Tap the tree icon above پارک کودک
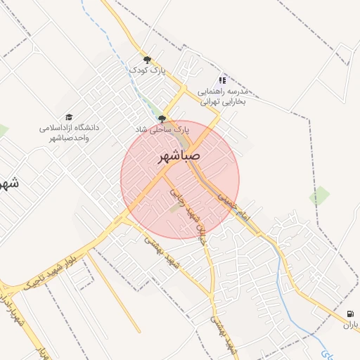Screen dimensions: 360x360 tap(147, 60)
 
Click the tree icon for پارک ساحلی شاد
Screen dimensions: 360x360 tap(162, 120)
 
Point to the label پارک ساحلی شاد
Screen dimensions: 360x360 tap(163, 130)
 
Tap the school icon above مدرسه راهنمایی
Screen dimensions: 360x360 tap(223, 81)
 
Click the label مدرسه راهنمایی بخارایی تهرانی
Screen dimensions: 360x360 tap(223, 96)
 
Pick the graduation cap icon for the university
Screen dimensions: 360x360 tap(69, 117)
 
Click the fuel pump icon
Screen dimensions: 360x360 tap(351, 314)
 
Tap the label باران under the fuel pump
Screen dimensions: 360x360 tap(350, 326)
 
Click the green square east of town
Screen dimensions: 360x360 tap(320, 195)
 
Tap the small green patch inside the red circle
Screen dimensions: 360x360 tap(175, 208)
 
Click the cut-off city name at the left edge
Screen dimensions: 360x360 tap(8, 184)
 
